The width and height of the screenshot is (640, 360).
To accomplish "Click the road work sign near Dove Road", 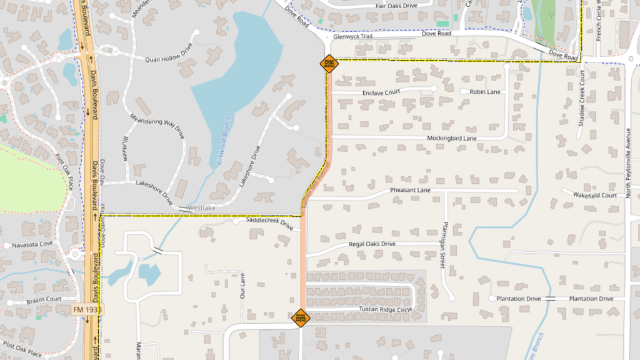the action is pos(328,64).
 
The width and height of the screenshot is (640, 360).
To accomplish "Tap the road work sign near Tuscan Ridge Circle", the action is pos(301,318).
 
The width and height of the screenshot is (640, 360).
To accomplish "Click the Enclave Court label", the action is pos(381,92).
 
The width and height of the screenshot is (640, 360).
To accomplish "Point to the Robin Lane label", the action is pos(485,92).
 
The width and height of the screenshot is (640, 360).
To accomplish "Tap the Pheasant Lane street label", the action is pos(411,190).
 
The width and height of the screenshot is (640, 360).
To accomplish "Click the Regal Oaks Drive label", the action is pos(372,244).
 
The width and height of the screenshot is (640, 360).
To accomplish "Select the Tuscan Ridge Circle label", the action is pos(386,309).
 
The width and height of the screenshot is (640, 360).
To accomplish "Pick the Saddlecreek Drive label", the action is pos(269,221).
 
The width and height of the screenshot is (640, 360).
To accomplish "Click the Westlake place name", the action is pos(201,207).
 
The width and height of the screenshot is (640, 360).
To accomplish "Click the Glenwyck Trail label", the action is pos(352,36).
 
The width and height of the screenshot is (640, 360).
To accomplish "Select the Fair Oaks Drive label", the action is pos(396,6).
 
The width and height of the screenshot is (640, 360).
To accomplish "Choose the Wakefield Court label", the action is pos(595,195).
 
